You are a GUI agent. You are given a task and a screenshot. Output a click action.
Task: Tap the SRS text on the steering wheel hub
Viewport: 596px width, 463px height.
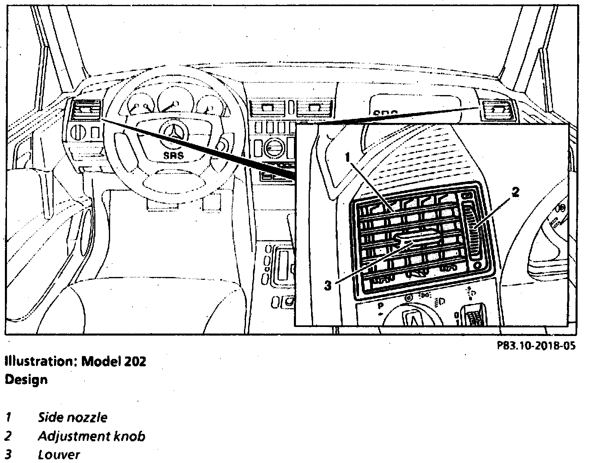pos(174,155)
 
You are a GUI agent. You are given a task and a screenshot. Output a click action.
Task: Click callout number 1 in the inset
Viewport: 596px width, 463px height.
pos(348,157)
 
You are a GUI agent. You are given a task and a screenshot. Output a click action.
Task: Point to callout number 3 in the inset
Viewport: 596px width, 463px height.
pos(327,286)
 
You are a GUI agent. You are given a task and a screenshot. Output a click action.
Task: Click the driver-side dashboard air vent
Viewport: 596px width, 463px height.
pos(87,111)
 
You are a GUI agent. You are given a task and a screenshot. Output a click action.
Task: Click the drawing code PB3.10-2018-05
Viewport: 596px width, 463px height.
pos(536,346)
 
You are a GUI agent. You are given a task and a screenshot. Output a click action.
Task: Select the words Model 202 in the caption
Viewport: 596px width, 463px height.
pos(114,361)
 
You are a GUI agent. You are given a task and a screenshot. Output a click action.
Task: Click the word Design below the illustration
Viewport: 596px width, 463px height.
pos(26,379)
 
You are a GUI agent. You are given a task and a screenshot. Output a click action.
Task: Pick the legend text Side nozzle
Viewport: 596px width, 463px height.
pos(72,418)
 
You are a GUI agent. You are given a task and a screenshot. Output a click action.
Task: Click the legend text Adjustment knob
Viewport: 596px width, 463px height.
pos(91,436)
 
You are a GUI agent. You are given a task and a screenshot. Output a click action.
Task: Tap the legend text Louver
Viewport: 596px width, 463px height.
pos(59,454)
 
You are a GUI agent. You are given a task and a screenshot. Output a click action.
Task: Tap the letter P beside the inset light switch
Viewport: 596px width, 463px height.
pos(381,306)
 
